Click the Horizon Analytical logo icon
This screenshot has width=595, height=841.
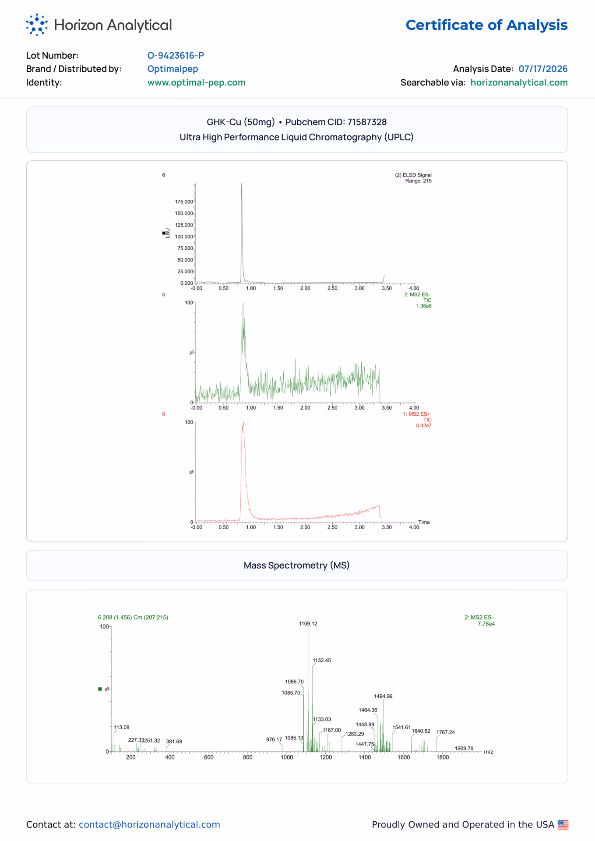(x=37, y=25)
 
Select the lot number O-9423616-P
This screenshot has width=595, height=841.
(x=176, y=56)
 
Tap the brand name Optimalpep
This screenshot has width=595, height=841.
(x=173, y=69)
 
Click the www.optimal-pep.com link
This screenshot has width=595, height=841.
(x=197, y=83)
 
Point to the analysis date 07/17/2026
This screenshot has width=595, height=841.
(x=543, y=69)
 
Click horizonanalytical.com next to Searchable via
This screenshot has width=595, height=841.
(x=519, y=83)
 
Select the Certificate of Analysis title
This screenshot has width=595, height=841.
(x=486, y=25)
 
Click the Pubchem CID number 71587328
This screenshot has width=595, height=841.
(x=367, y=122)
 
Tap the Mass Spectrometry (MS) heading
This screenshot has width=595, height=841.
(x=297, y=565)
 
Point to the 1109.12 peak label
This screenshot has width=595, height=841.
(x=308, y=623)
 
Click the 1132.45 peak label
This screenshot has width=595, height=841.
(x=322, y=660)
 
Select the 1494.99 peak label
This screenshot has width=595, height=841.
(x=383, y=696)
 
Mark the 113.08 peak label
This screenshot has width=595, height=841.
(x=122, y=727)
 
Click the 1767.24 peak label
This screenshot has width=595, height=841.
(x=446, y=732)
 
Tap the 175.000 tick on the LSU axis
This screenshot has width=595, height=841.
(x=184, y=202)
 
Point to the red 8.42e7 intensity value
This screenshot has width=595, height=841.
(x=424, y=426)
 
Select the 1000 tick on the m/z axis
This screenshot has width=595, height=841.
(x=287, y=757)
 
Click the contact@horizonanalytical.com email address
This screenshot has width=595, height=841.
(x=149, y=824)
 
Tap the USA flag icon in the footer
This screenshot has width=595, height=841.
(x=563, y=824)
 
